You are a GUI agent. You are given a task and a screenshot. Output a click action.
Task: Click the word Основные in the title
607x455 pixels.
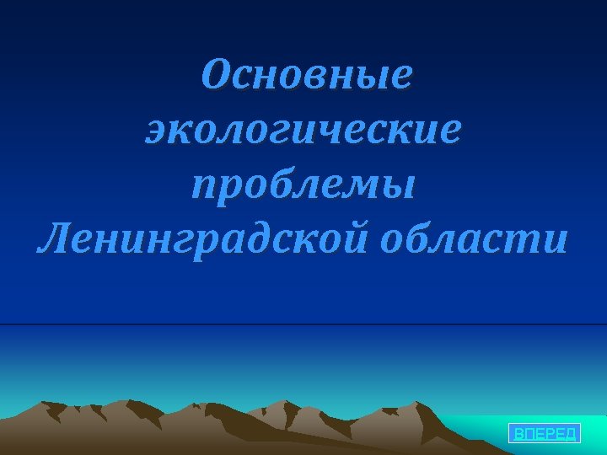click(307, 78)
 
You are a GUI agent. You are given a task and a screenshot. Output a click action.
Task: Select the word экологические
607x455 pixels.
click(303, 131)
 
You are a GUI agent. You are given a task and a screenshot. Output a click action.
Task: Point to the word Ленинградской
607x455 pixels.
click(203, 241)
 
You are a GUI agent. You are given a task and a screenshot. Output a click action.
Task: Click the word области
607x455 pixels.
click(474, 241)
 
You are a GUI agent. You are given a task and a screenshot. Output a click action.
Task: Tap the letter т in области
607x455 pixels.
click(529, 242)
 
